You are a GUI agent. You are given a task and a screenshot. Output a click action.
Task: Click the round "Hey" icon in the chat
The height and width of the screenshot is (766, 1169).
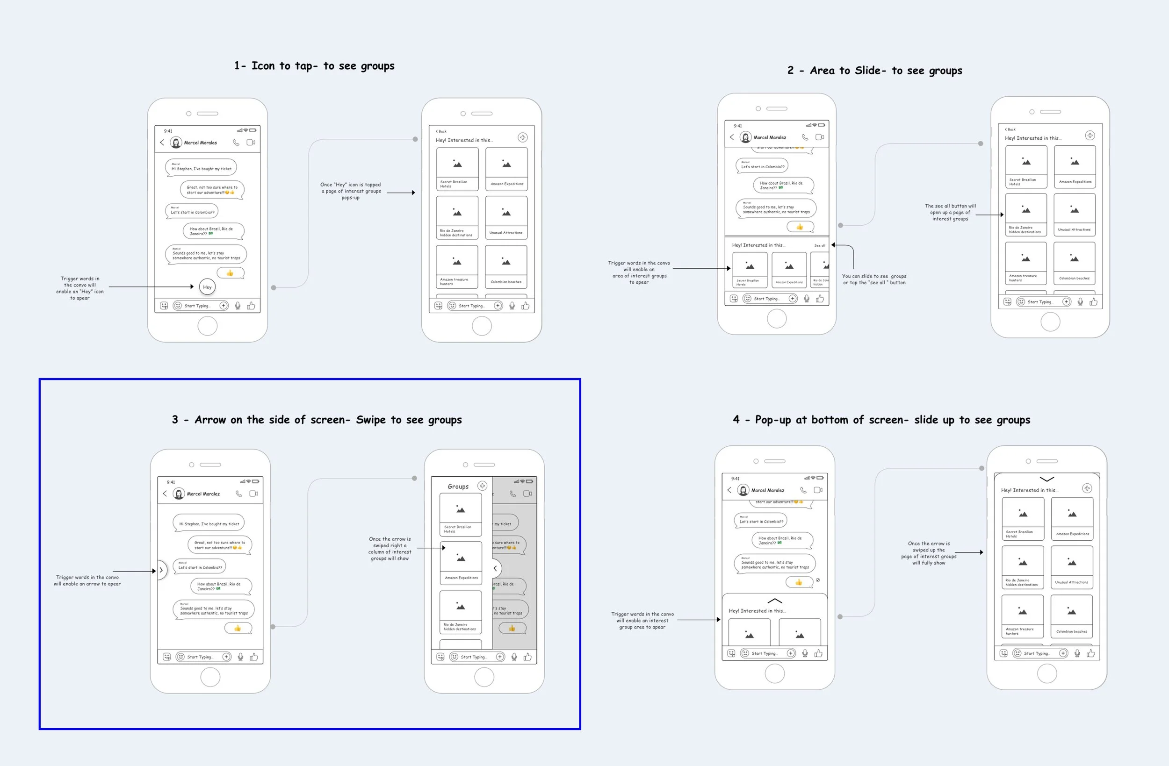point(207,287)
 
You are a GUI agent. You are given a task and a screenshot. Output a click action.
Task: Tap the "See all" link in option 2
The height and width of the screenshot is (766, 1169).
point(820,245)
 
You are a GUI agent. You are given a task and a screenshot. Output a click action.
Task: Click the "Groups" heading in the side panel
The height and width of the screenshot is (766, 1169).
point(458,487)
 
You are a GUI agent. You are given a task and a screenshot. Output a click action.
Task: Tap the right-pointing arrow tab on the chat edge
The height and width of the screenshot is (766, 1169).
point(161,570)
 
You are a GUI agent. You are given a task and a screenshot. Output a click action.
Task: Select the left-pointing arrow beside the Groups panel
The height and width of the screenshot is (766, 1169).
point(495,569)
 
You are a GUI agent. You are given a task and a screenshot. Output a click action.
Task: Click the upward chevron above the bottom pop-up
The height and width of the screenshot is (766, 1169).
point(775,601)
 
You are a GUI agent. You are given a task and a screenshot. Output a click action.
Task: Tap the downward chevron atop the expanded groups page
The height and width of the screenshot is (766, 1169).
point(1046,479)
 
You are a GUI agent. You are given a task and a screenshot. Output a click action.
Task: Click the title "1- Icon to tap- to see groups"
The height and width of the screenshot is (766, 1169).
point(314,66)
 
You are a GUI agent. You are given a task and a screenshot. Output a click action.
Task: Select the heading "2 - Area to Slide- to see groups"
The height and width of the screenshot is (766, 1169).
point(874,71)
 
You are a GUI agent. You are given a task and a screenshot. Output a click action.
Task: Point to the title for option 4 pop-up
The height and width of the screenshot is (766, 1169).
point(881,420)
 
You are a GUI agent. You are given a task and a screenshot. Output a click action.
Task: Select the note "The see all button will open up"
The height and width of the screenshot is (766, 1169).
point(950,212)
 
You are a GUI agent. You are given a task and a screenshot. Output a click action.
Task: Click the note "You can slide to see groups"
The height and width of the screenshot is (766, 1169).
point(874,279)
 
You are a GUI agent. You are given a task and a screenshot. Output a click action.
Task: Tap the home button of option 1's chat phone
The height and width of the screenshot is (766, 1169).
point(207,326)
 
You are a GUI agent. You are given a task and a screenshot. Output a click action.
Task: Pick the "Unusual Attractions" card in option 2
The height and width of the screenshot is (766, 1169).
point(1074,215)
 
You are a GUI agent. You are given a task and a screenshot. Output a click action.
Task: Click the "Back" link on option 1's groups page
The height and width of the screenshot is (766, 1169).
point(441,131)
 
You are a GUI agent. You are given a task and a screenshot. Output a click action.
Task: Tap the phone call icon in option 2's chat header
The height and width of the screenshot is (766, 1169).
point(805,137)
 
